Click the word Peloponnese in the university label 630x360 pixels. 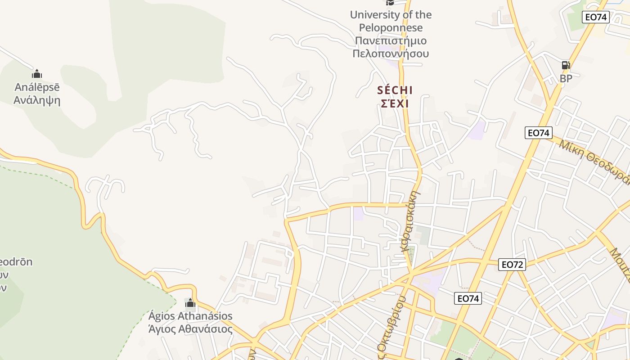point(391,28)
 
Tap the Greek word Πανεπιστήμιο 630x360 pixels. point(391,41)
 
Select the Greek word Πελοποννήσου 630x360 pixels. point(391,54)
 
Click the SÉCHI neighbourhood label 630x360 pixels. point(395,90)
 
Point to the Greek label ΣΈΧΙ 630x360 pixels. point(395,103)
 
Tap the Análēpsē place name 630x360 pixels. point(36,87)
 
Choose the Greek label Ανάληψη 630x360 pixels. point(36,100)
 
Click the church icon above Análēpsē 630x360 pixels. point(37,74)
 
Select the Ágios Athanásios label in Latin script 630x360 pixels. point(190,316)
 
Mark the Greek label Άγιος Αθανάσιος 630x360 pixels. point(190,329)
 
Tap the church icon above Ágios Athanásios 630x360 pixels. point(190,302)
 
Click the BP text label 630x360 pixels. point(566,78)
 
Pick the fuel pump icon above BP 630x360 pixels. point(566,65)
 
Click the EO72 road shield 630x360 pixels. point(512,265)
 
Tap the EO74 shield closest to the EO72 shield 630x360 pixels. point(468,298)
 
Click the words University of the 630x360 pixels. point(391,15)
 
